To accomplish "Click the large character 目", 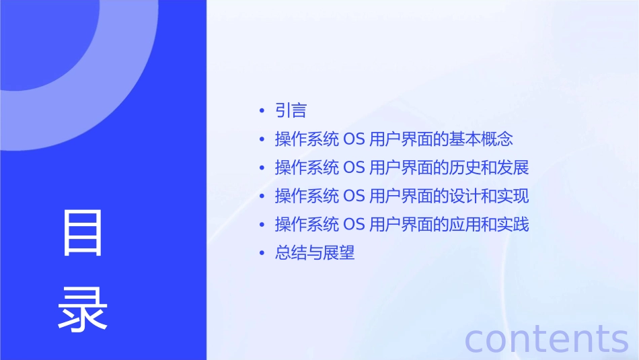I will pyautogui.click(x=83, y=233).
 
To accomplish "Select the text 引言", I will pyautogui.click(x=291, y=110).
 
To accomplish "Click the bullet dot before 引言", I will pyautogui.click(x=262, y=111).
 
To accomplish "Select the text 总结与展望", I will pyautogui.click(x=315, y=253).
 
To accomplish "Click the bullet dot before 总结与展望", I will pyautogui.click(x=262, y=254).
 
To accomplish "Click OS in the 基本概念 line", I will pyautogui.click(x=354, y=139).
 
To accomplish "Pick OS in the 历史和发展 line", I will pyautogui.click(x=354, y=168).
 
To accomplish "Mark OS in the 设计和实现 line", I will pyautogui.click(x=354, y=196).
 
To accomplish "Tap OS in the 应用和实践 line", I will pyautogui.click(x=354, y=224).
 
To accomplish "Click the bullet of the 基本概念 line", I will pyautogui.click(x=262, y=140).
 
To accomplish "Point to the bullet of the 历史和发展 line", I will pyautogui.click(x=262, y=168).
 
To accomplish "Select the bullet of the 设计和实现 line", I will pyautogui.click(x=262, y=196).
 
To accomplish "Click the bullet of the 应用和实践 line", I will pyautogui.click(x=262, y=225).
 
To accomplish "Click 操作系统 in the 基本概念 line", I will pyautogui.click(x=307, y=139).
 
